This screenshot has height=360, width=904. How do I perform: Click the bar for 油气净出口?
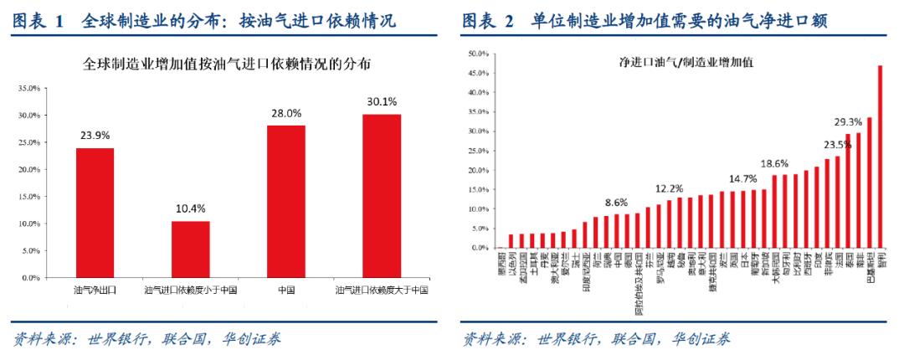(95, 213)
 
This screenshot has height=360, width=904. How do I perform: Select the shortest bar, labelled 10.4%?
(191, 249)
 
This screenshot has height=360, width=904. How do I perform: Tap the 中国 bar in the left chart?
(285, 201)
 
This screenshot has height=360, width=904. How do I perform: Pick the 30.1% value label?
(382, 101)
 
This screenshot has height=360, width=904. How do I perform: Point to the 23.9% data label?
(95, 135)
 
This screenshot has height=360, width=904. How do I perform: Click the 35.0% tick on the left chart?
(29, 88)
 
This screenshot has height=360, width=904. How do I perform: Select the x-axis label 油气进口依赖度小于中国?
(191, 290)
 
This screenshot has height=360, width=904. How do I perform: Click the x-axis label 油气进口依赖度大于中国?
(382, 290)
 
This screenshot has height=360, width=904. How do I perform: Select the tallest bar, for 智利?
(880, 157)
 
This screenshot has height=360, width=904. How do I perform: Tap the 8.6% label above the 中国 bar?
(616, 202)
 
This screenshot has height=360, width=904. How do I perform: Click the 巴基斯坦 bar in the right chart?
(869, 183)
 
